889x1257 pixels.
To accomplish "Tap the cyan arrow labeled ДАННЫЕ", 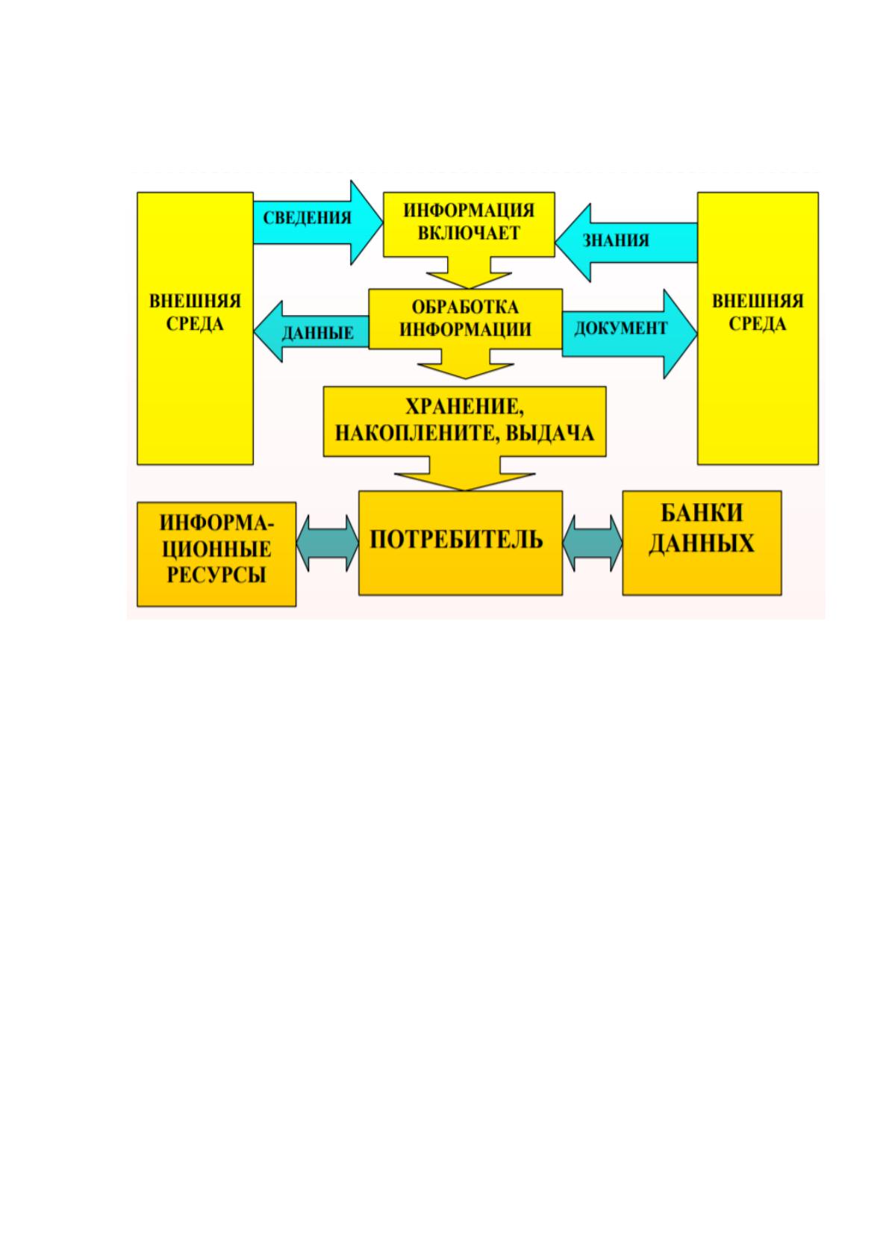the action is pos(311,331).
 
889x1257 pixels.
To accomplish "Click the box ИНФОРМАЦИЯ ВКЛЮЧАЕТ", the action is pos(469,225).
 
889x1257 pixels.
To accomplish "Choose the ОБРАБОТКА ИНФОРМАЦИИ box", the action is pos(465,319).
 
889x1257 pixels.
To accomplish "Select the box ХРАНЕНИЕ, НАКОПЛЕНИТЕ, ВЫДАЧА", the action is pos(465,422).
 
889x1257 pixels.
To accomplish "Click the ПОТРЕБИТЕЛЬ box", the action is pos(461,543).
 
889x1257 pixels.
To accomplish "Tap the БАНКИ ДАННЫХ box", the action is pos(702,543).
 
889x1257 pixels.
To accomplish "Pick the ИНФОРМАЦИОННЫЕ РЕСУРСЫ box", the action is pos(216,554).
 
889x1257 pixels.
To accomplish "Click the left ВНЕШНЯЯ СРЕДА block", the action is pos(196,328).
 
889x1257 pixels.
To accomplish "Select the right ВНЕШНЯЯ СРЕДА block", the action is pos(758,328).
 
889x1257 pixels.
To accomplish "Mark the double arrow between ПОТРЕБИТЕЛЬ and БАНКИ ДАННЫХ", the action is pos(593,543).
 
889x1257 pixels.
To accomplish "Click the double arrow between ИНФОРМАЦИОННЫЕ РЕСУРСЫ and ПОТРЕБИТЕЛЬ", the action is pos(327,543).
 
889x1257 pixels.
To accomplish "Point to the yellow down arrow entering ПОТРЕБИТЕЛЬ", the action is pos(465,474).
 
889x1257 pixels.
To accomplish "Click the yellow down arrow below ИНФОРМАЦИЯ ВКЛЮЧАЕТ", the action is pos(469,273).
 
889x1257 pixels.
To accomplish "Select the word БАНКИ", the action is pos(702,513).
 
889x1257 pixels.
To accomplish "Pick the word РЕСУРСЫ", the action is pos(216,576).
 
